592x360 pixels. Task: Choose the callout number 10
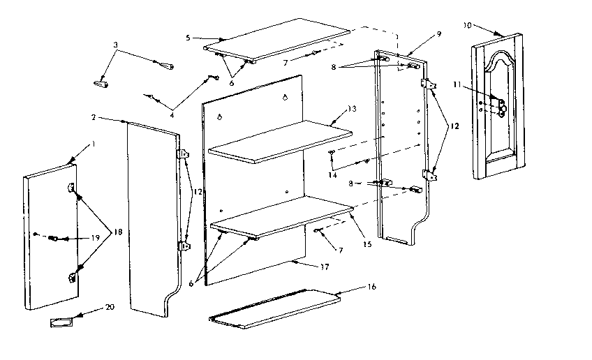point(466,25)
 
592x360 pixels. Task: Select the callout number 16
point(369,287)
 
